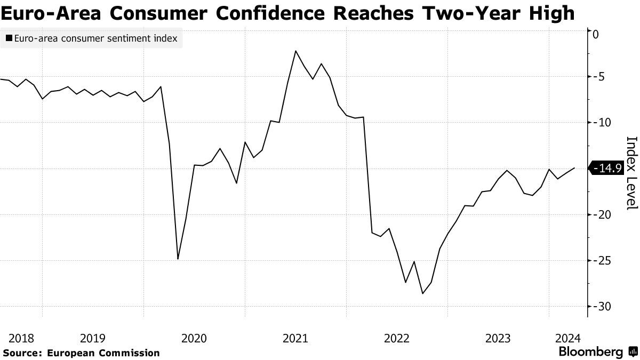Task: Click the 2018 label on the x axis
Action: click(x=21, y=338)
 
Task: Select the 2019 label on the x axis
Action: click(x=93, y=338)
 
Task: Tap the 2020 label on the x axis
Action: click(x=194, y=338)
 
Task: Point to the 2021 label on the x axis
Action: click(x=295, y=338)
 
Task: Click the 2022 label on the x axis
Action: click(x=397, y=338)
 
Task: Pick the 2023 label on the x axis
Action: click(x=498, y=338)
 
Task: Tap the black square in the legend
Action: click(x=9, y=38)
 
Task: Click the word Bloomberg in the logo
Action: click(x=590, y=352)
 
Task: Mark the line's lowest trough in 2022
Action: click(x=422, y=293)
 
